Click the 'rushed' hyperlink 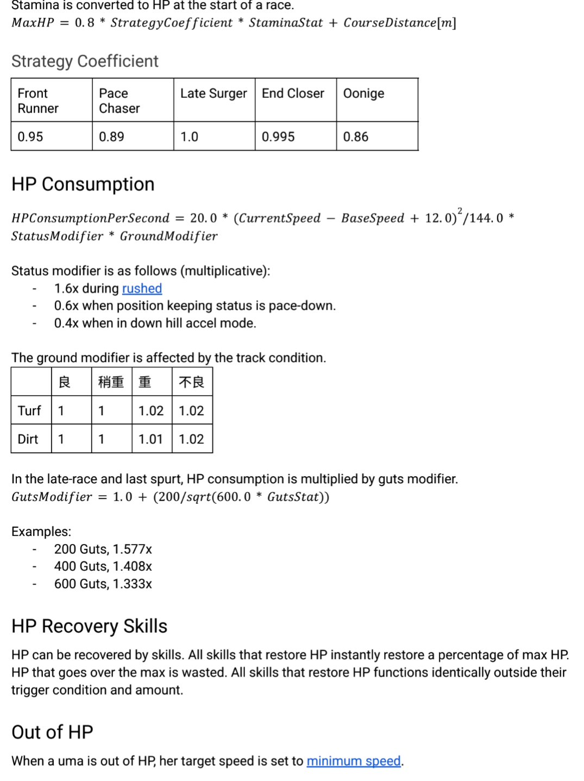click(x=142, y=289)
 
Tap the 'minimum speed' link click(x=354, y=761)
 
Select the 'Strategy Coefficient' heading click(x=85, y=61)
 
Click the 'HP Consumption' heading click(x=83, y=184)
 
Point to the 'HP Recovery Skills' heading click(x=89, y=626)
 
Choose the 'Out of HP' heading click(x=52, y=732)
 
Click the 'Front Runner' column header click(x=38, y=101)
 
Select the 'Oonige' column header click(x=363, y=93)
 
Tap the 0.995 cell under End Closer click(x=278, y=137)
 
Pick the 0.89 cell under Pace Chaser click(x=111, y=137)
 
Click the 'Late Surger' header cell click(x=213, y=93)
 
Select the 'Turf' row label click(x=29, y=411)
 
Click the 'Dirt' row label click(x=28, y=439)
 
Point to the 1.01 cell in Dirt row click(x=150, y=439)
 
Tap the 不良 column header click(x=191, y=383)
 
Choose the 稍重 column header click(x=111, y=383)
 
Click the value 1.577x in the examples click(x=132, y=549)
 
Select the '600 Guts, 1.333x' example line click(x=103, y=584)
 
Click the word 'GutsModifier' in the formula click(x=52, y=497)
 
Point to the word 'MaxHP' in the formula click(x=33, y=23)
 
